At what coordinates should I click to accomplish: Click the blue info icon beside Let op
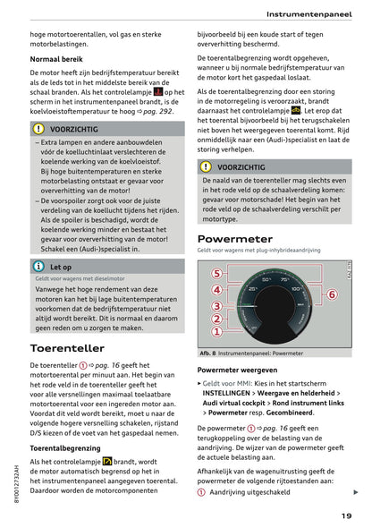tap(38, 267)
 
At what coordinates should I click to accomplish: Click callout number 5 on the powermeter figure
tap(216, 274)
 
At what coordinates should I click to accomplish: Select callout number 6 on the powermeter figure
tap(332, 294)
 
